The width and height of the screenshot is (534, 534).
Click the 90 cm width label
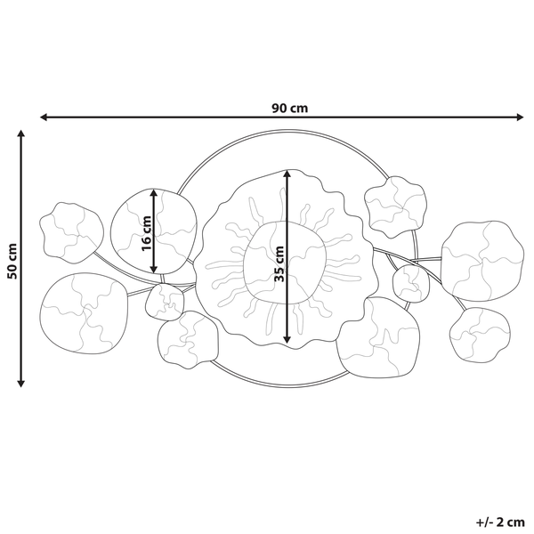click(289, 109)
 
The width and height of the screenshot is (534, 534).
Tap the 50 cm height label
click(12, 260)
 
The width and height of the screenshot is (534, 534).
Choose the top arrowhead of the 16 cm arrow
click(155, 191)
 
